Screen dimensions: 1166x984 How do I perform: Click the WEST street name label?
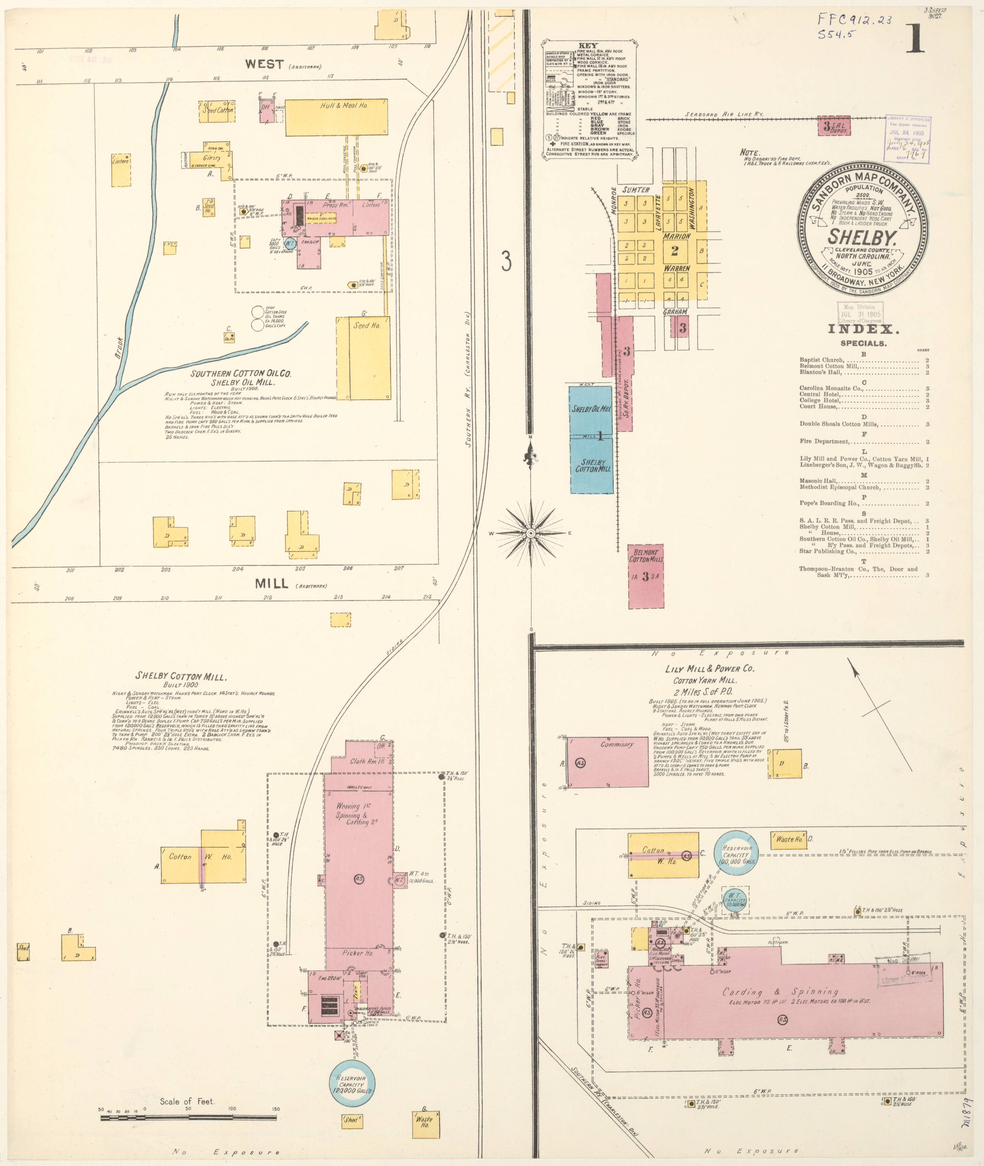265,64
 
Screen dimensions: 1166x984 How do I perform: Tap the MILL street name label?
272,584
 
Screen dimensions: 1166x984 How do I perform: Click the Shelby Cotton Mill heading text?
181,676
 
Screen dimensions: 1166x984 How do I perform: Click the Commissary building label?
617,744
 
